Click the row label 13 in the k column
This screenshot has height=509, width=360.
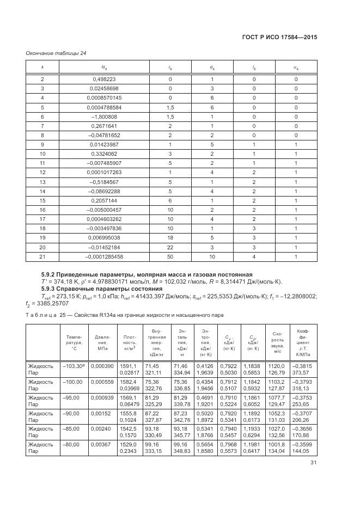pos(42,181)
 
